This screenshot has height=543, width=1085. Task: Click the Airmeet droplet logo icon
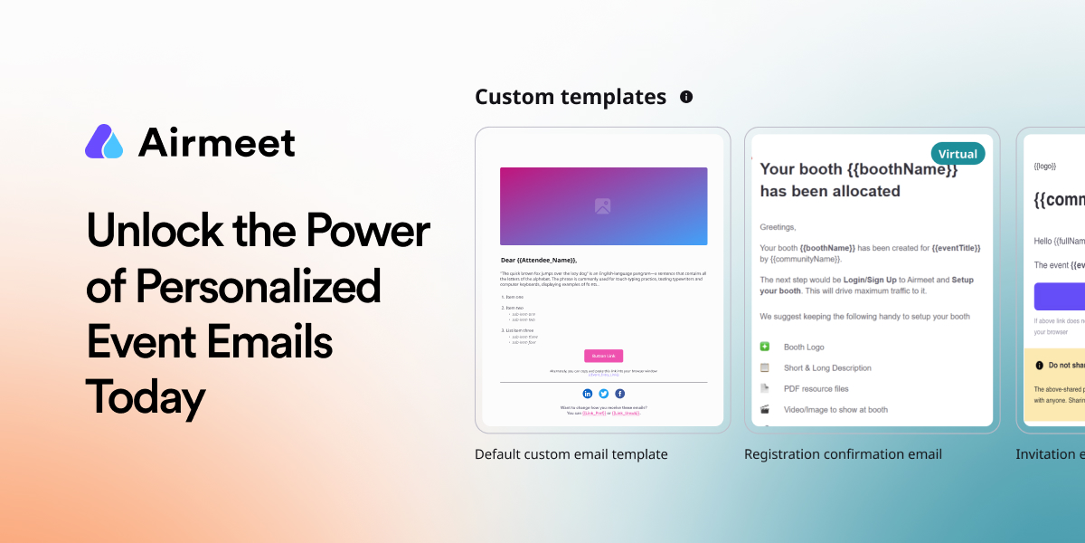(104, 142)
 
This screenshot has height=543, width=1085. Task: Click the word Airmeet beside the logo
(217, 143)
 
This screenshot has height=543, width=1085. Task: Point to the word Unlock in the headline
(145, 231)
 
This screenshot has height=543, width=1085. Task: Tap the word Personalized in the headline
(258, 287)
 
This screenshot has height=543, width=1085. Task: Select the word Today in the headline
(146, 397)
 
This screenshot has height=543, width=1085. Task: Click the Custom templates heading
(571, 97)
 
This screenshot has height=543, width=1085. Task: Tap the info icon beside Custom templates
(686, 97)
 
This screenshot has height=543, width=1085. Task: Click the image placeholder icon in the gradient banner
(603, 206)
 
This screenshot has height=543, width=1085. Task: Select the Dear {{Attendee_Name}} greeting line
(539, 260)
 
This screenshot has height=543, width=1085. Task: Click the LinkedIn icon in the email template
(588, 394)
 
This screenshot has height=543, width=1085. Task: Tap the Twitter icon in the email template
(604, 394)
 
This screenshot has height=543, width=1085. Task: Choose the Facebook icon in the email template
(620, 394)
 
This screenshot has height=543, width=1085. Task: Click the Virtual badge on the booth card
(958, 154)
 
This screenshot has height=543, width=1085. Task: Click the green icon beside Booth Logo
(765, 347)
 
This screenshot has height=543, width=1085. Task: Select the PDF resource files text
(816, 388)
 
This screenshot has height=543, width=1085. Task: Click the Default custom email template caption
(571, 454)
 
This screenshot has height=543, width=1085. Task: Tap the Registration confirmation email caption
(843, 454)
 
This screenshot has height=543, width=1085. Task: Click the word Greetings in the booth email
(778, 227)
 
